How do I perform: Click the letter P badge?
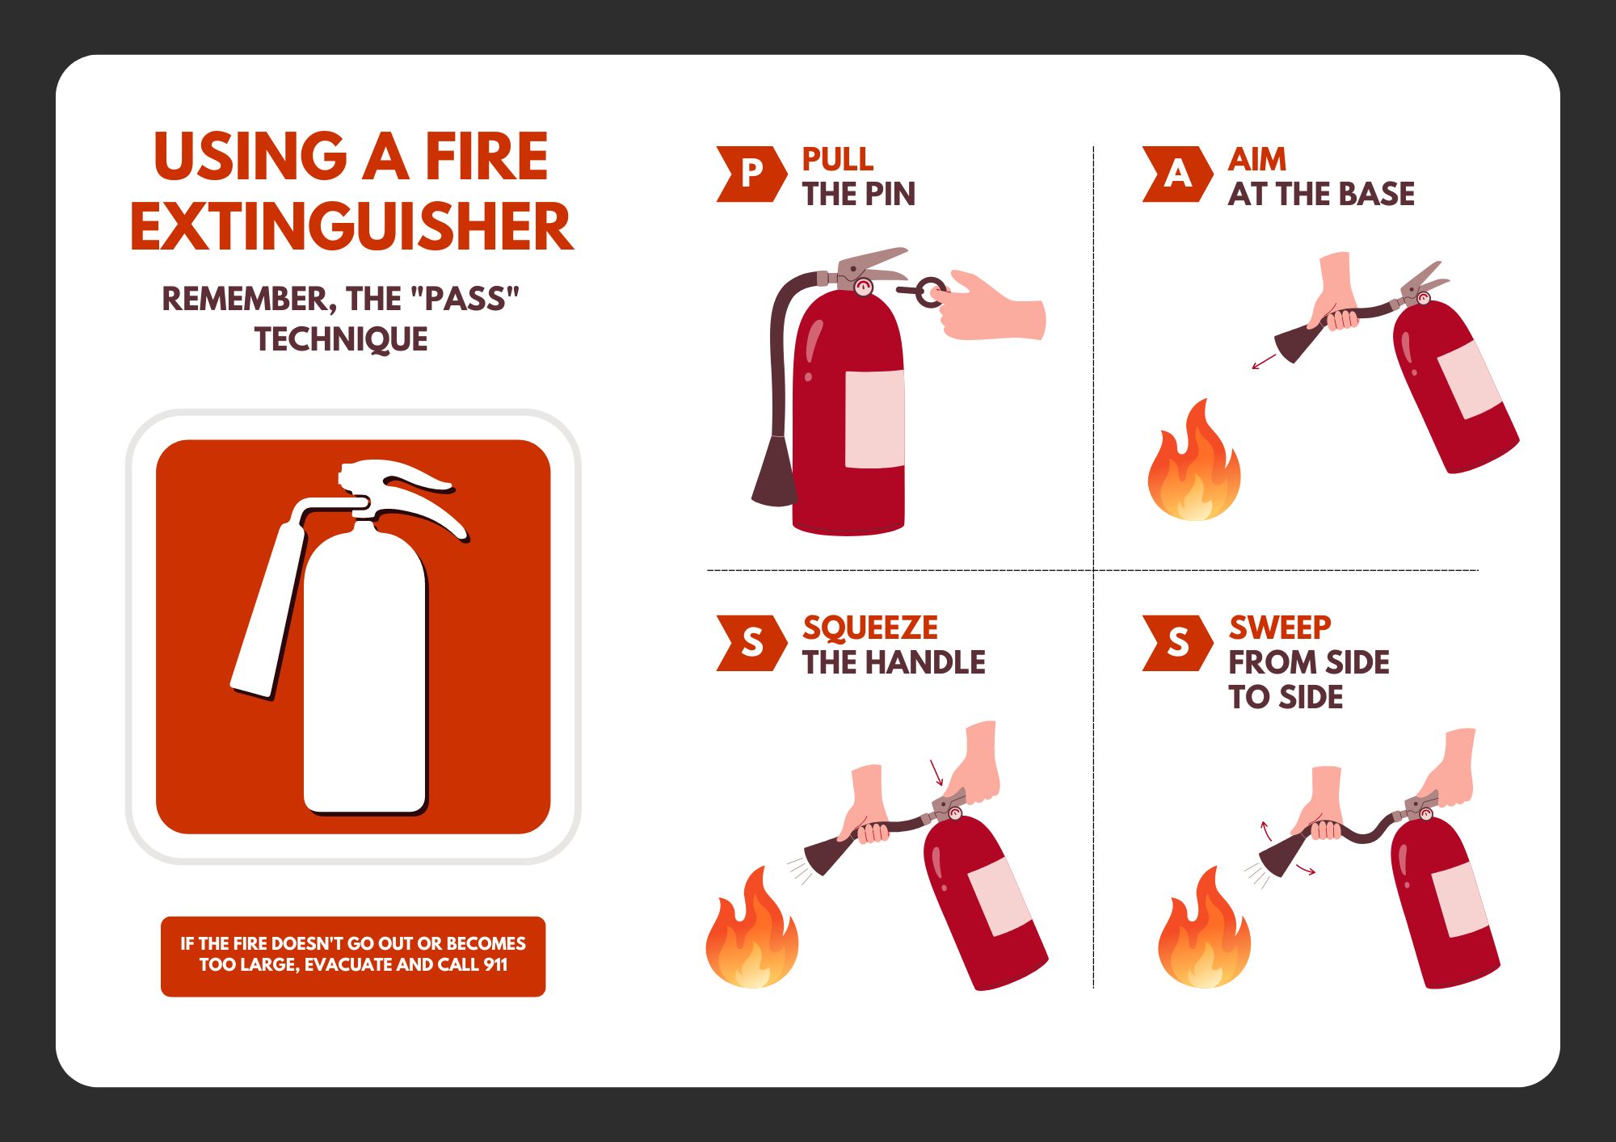click(751, 174)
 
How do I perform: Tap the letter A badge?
click(1176, 174)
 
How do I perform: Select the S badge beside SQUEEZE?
click(751, 643)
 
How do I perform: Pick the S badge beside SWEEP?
click(1176, 643)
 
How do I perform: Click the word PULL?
click(837, 159)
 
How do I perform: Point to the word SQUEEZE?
click(870, 628)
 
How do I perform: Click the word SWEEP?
click(1279, 628)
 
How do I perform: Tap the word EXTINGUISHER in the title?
click(351, 228)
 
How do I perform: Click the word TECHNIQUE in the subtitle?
click(341, 339)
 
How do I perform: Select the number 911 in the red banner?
click(495, 964)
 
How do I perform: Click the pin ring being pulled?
click(931, 292)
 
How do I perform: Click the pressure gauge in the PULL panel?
click(864, 287)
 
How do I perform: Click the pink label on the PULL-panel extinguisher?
click(874, 419)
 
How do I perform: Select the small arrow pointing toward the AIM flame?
click(1263, 361)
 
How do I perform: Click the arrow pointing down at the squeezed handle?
click(936, 772)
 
